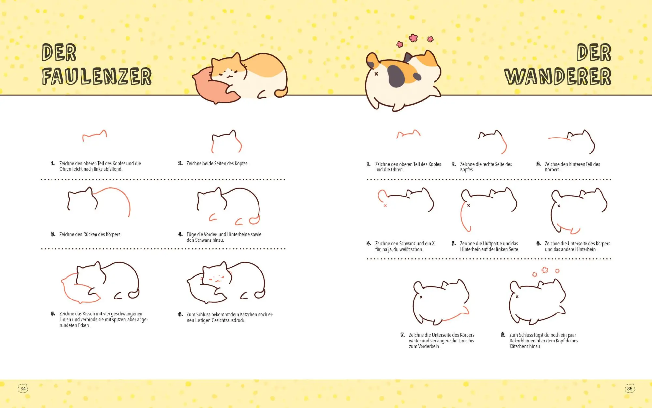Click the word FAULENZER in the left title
tap(97, 77)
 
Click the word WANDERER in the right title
tap(558, 77)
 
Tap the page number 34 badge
tap(23, 388)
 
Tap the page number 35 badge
tap(630, 388)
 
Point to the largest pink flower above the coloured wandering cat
tap(413, 38)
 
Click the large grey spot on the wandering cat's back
tap(396, 76)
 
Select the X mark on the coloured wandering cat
tap(376, 74)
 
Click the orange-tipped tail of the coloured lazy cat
tap(281, 92)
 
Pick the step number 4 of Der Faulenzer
tap(180, 234)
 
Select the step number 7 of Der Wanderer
tap(403, 335)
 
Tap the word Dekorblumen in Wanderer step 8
tap(523, 341)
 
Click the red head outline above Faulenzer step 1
tap(95, 135)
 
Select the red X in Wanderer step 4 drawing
tap(385, 206)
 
